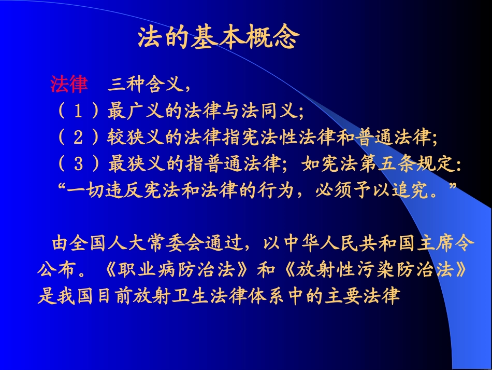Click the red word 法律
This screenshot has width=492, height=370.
click(x=69, y=84)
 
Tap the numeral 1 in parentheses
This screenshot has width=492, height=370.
click(x=78, y=111)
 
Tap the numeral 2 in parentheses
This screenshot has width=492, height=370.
click(x=78, y=138)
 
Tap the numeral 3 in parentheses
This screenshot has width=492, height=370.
click(x=78, y=165)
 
